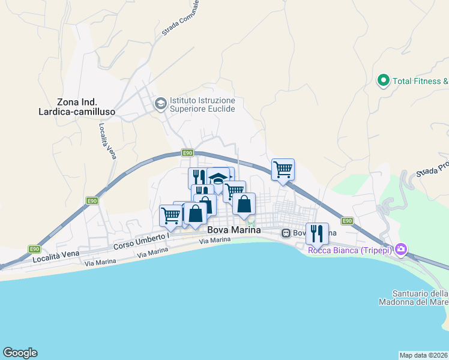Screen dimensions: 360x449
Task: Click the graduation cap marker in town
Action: coord(219,178)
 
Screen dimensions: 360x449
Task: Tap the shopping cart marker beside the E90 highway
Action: coord(283,169)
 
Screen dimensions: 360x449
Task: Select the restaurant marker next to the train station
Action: coord(317,233)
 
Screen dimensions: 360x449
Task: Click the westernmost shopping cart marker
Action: coord(171,215)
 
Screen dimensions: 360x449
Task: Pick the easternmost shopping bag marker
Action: coord(244,203)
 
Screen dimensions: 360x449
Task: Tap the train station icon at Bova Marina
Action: coord(287,232)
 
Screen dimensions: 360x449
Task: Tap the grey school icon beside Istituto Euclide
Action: coord(160,104)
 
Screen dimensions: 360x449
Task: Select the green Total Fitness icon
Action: coord(383,80)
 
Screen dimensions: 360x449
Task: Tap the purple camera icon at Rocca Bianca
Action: coord(401,249)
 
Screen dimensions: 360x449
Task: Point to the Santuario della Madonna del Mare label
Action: coord(414,298)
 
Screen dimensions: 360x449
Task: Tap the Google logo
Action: coord(20,353)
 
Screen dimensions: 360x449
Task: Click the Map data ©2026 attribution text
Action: coord(423,355)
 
